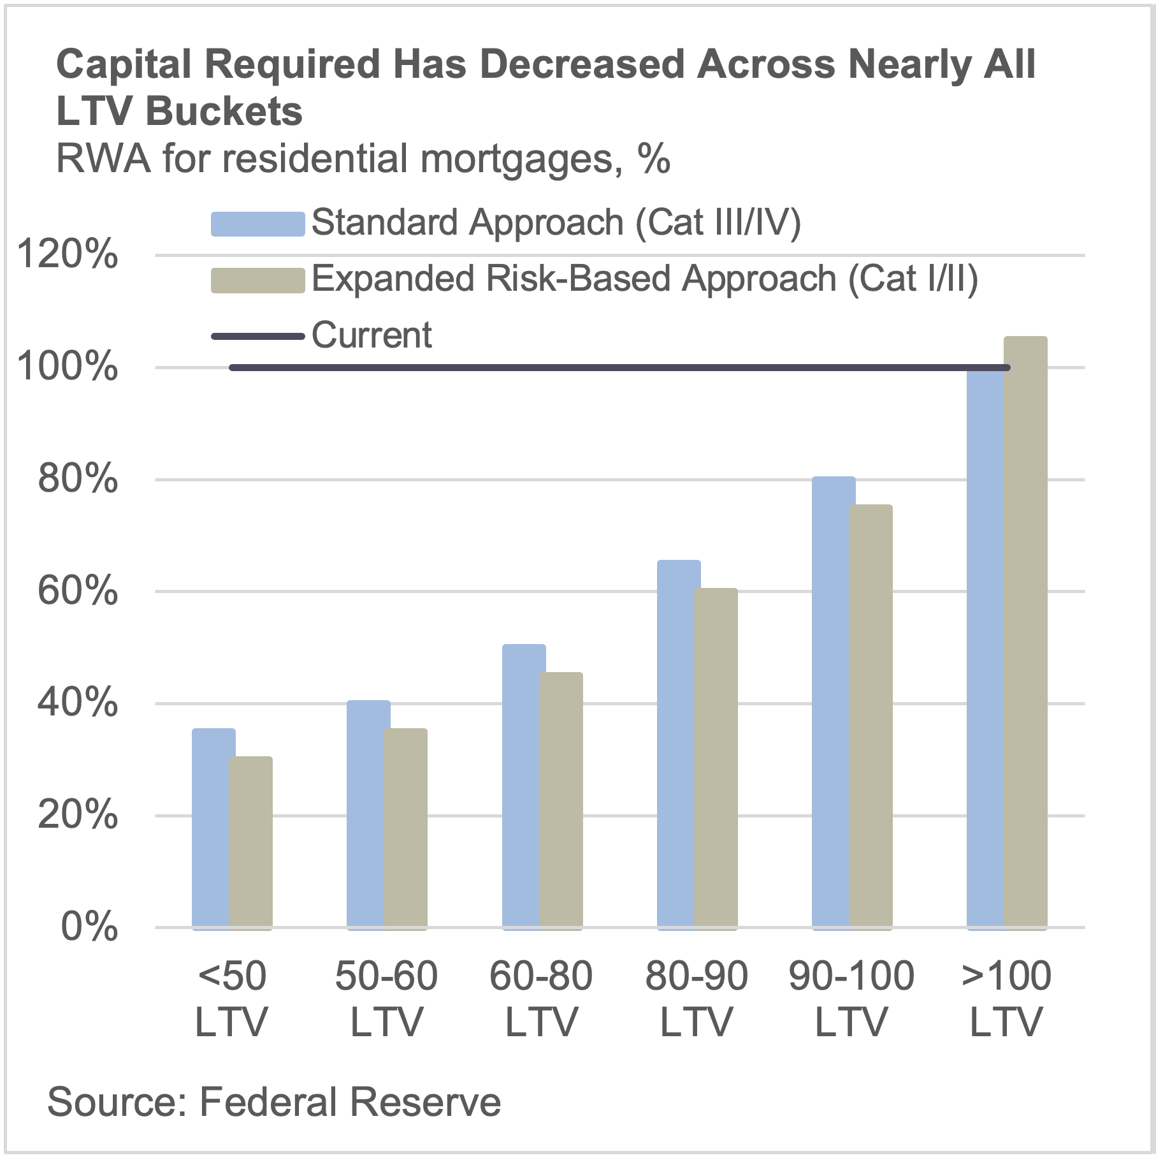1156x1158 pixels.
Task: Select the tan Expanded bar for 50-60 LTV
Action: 406,829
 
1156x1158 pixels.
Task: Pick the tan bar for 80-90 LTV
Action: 716,759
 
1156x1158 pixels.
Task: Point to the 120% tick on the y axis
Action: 68,254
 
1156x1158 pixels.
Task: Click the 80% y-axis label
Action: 77,479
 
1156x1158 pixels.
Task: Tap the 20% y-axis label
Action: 77,814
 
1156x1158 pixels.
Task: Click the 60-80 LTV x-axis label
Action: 541,999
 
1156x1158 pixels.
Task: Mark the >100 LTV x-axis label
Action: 1006,999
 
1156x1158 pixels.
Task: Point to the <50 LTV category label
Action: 231,999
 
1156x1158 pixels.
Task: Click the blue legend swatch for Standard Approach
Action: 257,224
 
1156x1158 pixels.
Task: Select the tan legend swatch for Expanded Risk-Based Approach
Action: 257,280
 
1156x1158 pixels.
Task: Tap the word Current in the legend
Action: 372,335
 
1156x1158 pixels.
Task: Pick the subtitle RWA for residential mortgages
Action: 363,159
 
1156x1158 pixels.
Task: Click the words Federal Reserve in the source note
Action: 350,1103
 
